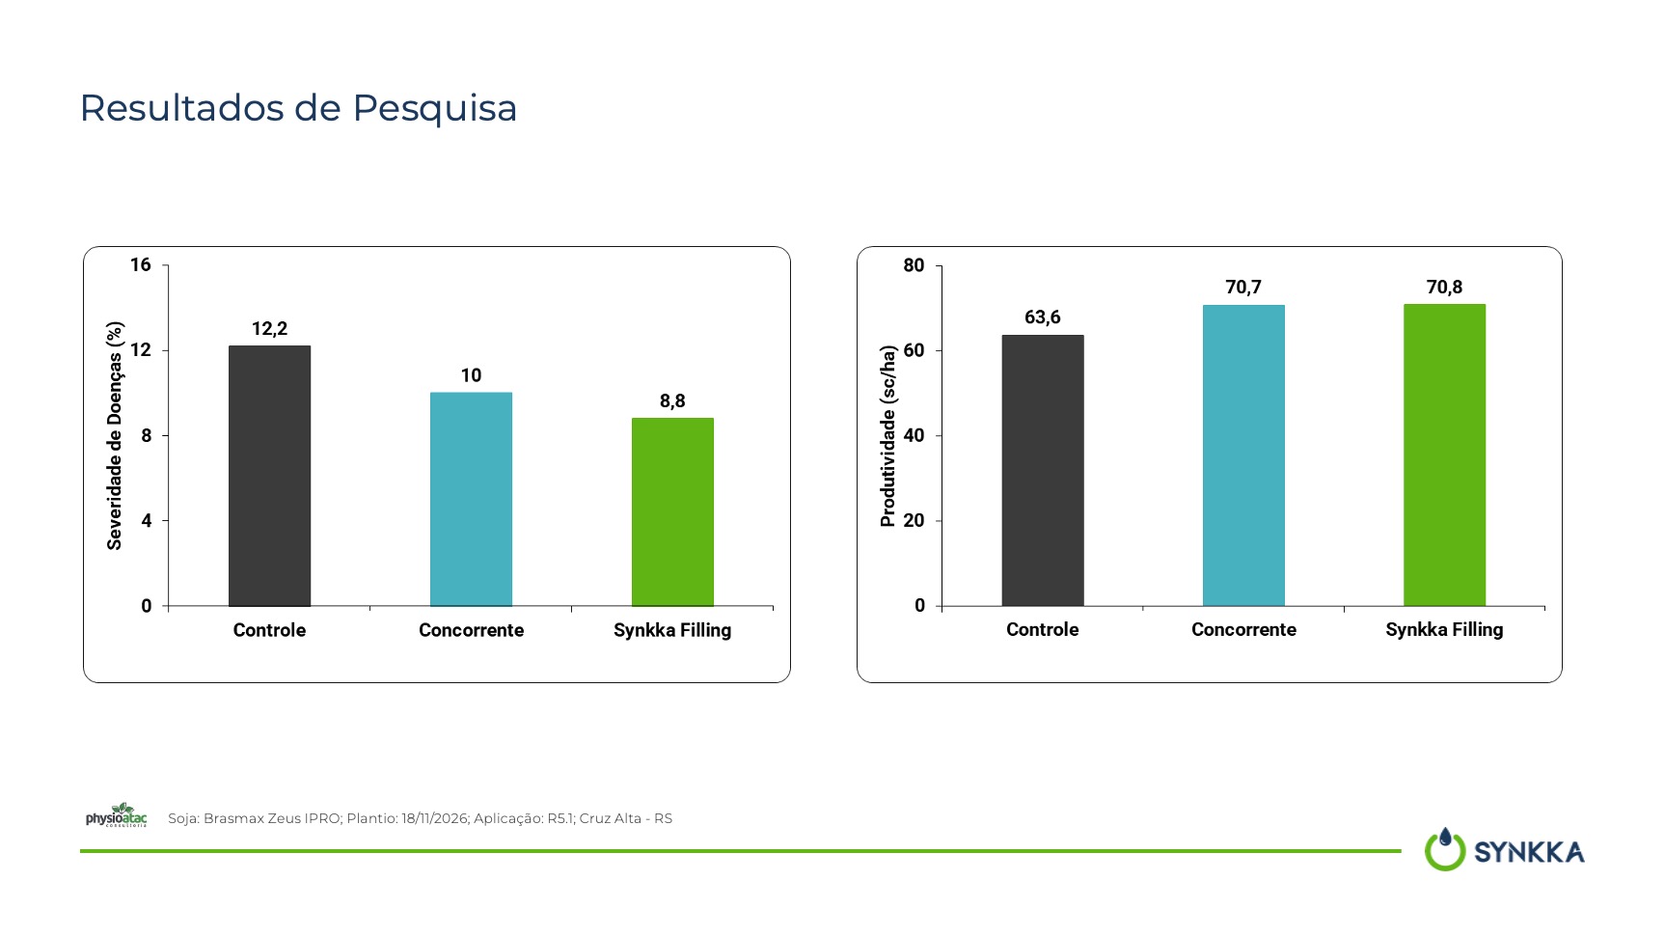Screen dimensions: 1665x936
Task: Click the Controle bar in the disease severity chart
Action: click(x=269, y=476)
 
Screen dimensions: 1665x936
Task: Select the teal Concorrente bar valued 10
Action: click(x=471, y=499)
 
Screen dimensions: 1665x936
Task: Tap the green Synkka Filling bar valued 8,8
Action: click(x=672, y=511)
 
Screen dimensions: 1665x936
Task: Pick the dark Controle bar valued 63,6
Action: click(x=1043, y=470)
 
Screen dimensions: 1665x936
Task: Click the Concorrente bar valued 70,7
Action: click(x=1243, y=455)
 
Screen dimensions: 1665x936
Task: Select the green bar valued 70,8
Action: click(x=1444, y=454)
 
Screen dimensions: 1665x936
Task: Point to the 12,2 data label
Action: click(x=269, y=329)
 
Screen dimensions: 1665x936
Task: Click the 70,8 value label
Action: click(x=1444, y=288)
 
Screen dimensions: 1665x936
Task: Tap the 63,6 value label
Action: click(x=1043, y=317)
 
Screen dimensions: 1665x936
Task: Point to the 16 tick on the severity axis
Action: click(x=141, y=264)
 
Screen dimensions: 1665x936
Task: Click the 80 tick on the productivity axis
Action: click(x=914, y=265)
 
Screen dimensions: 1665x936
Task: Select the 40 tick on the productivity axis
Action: click(x=914, y=435)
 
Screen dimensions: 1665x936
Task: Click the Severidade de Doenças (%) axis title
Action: click(x=115, y=435)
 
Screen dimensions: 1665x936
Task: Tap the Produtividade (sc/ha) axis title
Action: click(x=887, y=436)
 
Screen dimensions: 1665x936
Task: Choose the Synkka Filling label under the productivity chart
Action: click(x=1444, y=630)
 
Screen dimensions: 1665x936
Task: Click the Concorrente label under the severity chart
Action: click(x=471, y=630)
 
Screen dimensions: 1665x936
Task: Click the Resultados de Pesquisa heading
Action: click(x=298, y=108)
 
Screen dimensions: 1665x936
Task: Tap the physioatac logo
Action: click(x=117, y=815)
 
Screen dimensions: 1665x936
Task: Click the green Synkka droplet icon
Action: click(x=1445, y=849)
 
